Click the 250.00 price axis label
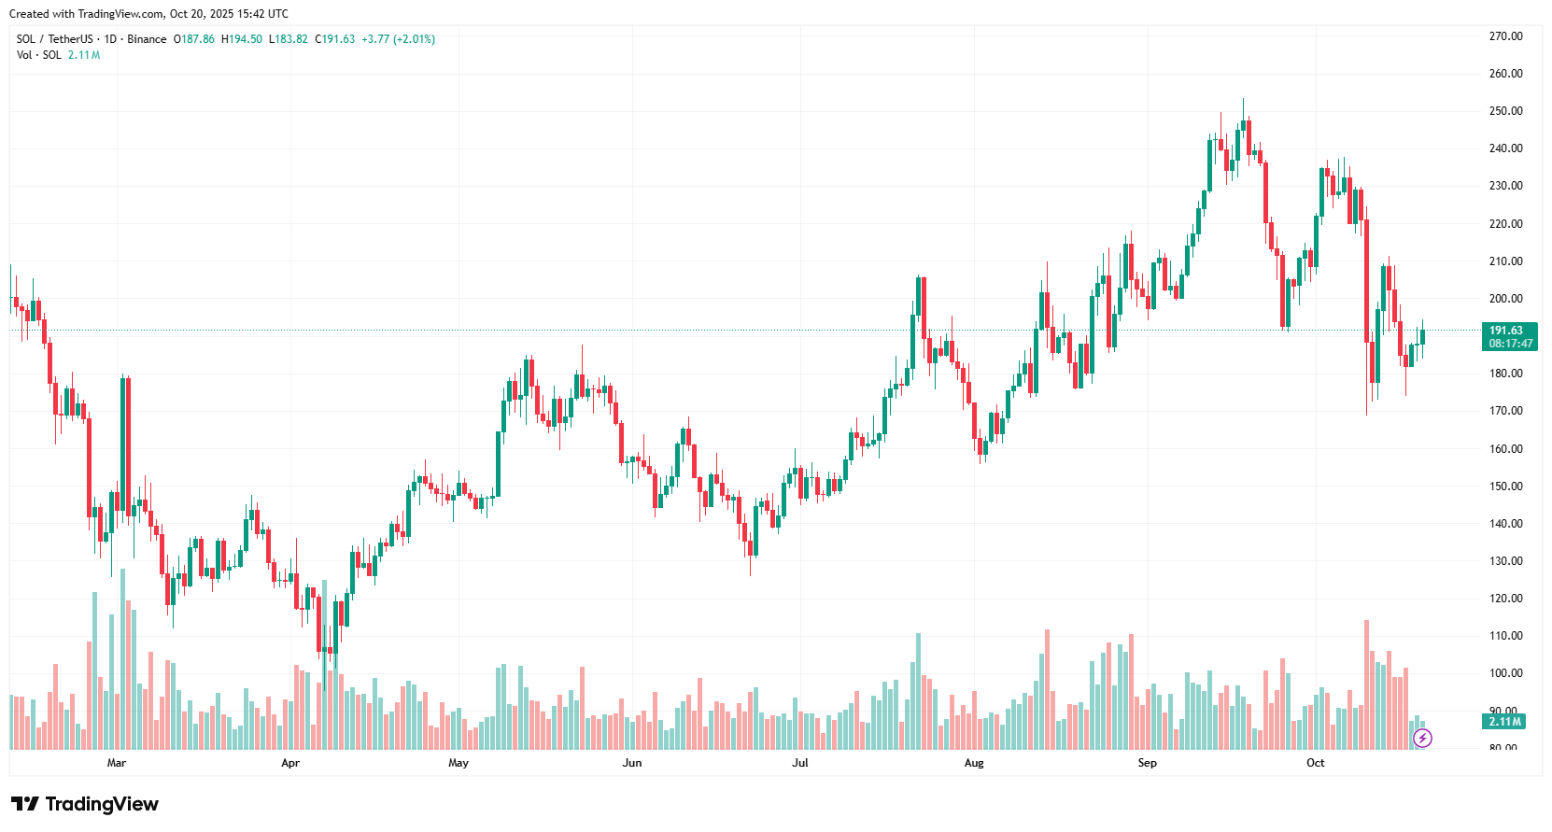click(1505, 111)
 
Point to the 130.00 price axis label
click(1505, 561)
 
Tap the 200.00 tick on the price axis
click(1505, 299)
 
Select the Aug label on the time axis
click(974, 763)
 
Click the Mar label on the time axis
click(117, 763)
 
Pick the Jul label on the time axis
click(800, 763)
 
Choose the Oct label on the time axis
click(1315, 763)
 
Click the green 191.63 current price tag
click(1506, 331)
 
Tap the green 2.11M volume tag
click(1505, 722)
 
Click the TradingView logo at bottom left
click(85, 804)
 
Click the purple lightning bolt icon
click(1422, 739)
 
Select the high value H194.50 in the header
click(242, 39)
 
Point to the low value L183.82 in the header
click(289, 39)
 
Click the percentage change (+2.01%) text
click(414, 39)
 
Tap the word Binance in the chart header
click(147, 39)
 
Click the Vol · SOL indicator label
click(39, 55)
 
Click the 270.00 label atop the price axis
click(1505, 36)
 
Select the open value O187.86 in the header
click(194, 39)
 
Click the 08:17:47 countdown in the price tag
click(1511, 344)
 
